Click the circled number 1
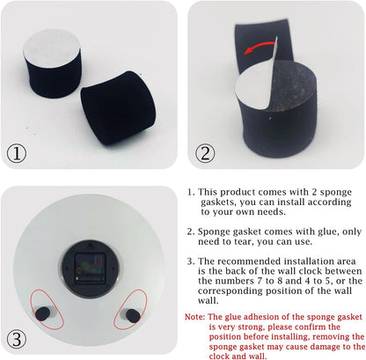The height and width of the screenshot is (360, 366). pos(17,153)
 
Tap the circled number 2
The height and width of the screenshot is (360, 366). pos(205,153)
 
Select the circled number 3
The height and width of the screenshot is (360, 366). pos(17,339)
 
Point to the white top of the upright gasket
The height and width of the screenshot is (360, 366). pos(52,48)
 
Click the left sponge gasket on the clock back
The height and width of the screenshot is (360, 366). pos(43,313)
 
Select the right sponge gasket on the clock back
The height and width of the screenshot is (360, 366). pos(133,316)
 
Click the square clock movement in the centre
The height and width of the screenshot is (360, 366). pos(90,268)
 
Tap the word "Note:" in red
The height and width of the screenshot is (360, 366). pos(194,317)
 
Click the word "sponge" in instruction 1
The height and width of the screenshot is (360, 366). pos(336,193)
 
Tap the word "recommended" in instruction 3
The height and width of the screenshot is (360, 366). pos(249,261)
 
